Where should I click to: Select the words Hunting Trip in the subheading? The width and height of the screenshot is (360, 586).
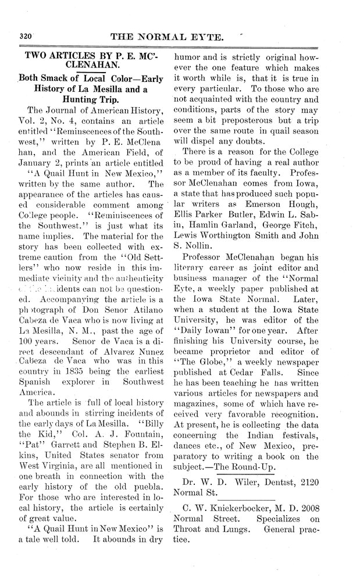(91, 99)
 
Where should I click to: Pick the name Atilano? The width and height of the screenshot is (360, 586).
(138, 300)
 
